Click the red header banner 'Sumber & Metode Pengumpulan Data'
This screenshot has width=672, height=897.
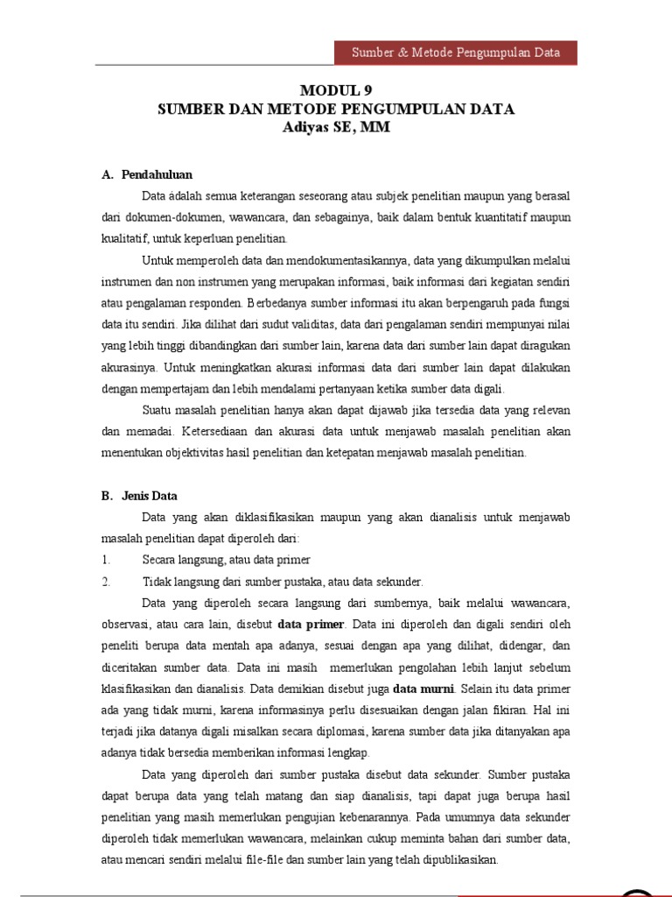(x=455, y=52)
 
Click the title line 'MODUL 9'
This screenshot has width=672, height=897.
(x=336, y=90)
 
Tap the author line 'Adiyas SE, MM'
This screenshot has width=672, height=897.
(x=336, y=127)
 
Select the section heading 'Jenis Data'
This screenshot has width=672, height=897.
(x=150, y=495)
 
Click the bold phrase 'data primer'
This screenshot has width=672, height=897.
(x=311, y=625)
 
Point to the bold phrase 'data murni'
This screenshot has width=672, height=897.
(x=423, y=688)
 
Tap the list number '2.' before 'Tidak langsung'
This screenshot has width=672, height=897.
(x=105, y=581)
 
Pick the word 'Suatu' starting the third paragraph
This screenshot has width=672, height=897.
(x=158, y=410)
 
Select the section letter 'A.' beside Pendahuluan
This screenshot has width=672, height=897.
(x=108, y=174)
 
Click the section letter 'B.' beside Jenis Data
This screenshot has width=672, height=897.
(x=108, y=495)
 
